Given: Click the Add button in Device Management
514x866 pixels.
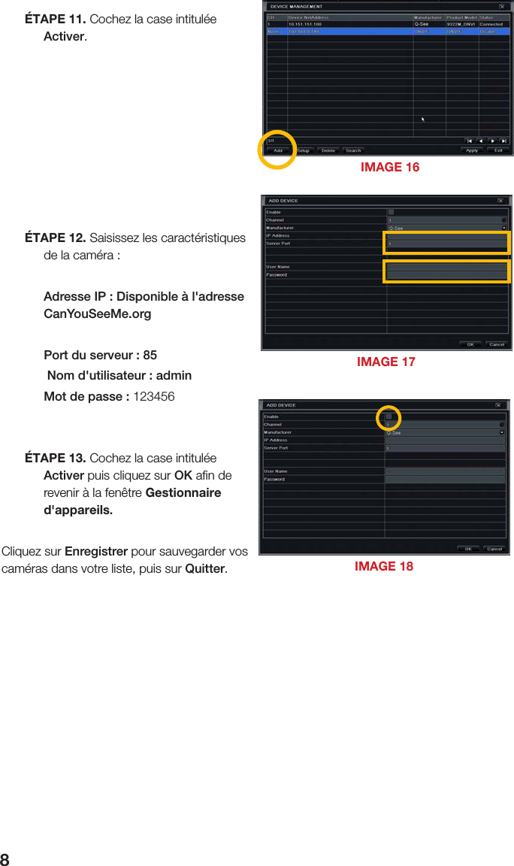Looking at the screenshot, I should coord(278,150).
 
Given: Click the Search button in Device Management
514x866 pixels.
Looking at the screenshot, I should coord(353,150).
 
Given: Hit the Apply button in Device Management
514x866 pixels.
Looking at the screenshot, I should coord(472,150).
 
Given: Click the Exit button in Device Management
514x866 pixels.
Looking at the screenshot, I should coord(498,150).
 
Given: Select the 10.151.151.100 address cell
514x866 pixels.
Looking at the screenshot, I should coord(306,24).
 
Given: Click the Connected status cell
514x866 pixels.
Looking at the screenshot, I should coord(491,24).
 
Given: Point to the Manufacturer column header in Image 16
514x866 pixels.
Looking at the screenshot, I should coord(428,17).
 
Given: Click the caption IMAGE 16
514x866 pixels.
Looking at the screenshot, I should coord(390,167).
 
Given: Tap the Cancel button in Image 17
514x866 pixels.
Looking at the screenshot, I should coord(496,344).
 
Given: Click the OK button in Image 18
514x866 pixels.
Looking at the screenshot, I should coord(467,549).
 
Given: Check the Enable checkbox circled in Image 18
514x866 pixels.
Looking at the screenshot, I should coord(389,416).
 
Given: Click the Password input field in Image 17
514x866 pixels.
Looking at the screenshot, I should coord(446,275).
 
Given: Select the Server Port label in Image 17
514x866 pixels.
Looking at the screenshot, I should coord(278,244).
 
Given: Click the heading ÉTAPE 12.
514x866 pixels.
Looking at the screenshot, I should coord(55,238).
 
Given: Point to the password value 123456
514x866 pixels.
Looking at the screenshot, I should coord(153,396).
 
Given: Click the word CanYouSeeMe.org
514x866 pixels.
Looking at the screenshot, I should coord(97,313).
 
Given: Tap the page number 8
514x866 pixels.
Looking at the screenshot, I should coord(5,859).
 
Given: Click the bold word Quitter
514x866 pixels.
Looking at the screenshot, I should coord(204,568).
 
